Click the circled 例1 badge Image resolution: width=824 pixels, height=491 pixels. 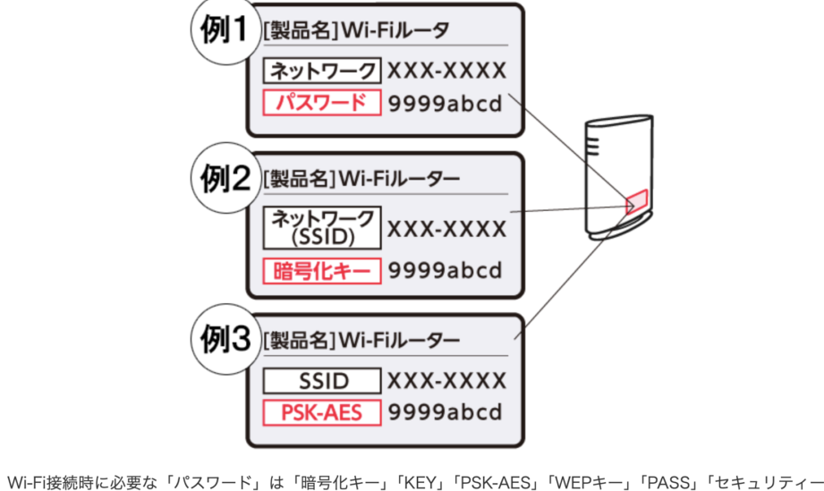point(221,31)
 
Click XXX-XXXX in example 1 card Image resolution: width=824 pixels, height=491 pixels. point(446,71)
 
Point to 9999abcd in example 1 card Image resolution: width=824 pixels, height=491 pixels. point(445,103)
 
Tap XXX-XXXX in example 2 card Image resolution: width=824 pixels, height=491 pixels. point(446,229)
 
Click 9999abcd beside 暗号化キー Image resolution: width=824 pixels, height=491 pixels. point(445,270)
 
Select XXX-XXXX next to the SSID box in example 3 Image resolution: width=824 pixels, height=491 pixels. point(446,382)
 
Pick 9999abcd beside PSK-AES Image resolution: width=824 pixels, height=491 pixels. point(445,413)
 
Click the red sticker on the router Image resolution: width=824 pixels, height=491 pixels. point(637,202)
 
